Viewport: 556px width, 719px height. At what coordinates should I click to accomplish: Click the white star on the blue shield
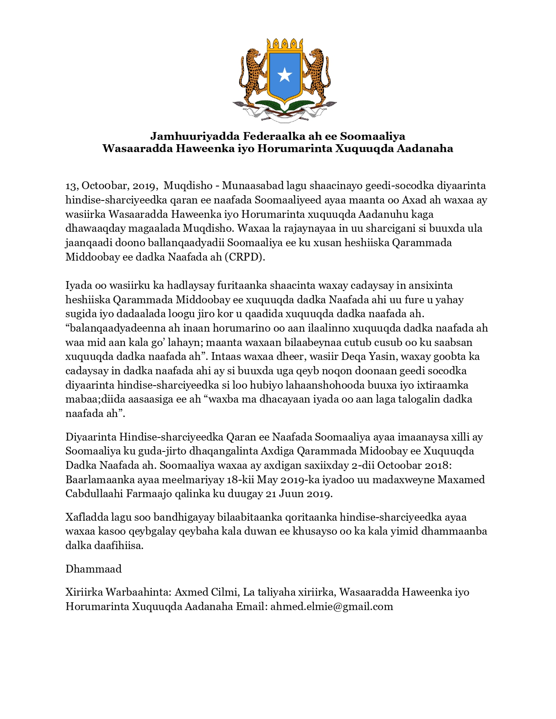[x=285, y=75]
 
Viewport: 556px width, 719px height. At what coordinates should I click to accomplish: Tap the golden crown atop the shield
[x=285, y=44]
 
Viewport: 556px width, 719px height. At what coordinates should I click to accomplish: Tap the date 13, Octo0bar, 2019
[x=111, y=186]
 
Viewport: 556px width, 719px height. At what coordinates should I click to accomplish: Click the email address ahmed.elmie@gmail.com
[x=331, y=606]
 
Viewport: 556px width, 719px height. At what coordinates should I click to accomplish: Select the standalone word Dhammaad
[x=93, y=569]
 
